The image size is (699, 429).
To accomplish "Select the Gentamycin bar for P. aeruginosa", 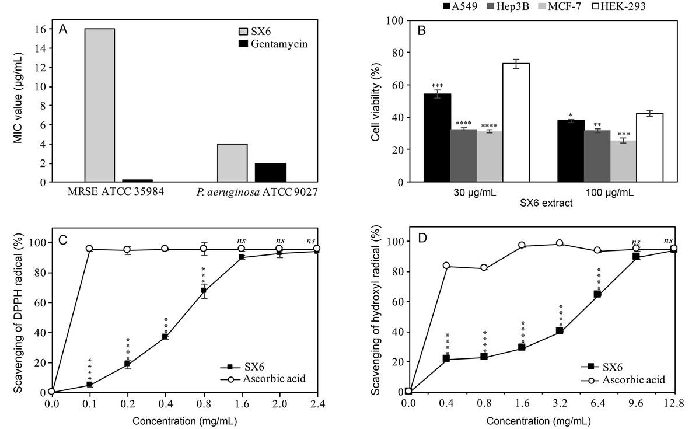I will (x=270, y=172).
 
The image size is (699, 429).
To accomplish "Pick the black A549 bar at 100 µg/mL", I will (x=571, y=151).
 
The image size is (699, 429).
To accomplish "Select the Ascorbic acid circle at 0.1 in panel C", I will (x=89, y=249).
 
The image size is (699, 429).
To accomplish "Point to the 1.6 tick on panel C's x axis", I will (x=242, y=404).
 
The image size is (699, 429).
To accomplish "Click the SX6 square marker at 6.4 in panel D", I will (x=597, y=294).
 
